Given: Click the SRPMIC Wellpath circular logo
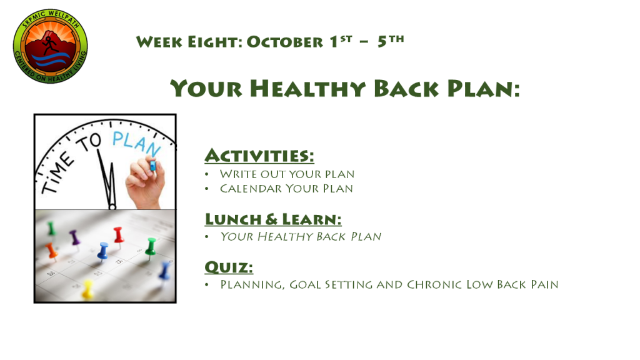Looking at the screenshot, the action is [x=50, y=46].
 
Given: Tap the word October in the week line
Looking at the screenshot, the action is [x=285, y=42].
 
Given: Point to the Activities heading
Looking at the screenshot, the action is [x=259, y=156].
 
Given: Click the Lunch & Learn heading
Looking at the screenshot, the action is [x=273, y=219].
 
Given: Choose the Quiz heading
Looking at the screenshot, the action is [x=229, y=267].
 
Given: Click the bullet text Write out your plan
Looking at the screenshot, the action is [x=287, y=174].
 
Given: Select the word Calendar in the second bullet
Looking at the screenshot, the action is [x=251, y=189].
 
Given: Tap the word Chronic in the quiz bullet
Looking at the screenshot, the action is [x=434, y=284].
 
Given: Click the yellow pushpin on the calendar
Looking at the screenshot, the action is [x=87, y=289].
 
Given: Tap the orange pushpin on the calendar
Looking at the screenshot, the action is [x=52, y=251].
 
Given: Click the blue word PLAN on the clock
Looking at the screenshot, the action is [x=136, y=143].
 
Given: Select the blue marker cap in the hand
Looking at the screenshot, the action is [x=152, y=165].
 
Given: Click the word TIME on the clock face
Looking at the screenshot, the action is [x=57, y=174].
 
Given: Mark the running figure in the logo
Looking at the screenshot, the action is [x=50, y=45].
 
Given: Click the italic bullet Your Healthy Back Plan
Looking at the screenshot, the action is [x=301, y=236].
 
